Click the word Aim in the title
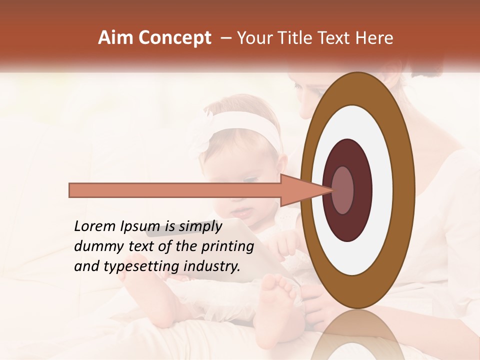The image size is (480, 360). [x=116, y=38]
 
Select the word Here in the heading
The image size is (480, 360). [x=374, y=38]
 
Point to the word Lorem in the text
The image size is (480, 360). [x=94, y=226]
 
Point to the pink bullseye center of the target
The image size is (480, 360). [x=342, y=190]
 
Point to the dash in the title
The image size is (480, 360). [x=225, y=38]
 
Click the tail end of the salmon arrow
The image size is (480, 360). [x=71, y=190]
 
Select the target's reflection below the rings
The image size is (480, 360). [x=357, y=335]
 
